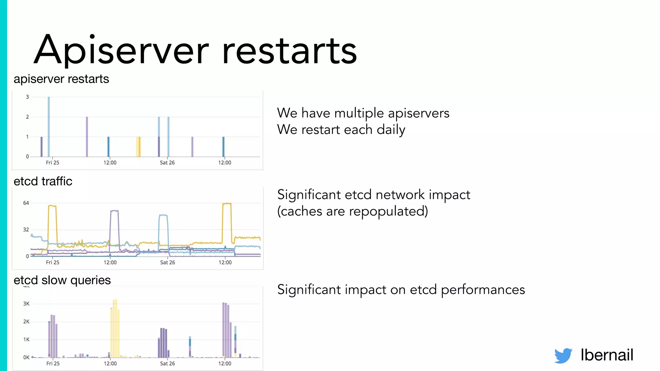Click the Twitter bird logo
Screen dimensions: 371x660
point(563,356)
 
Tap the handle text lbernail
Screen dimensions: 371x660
point(607,355)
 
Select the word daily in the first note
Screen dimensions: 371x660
point(391,130)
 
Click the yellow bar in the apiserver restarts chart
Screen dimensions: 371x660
point(138,147)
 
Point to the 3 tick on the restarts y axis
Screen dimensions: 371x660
point(27,97)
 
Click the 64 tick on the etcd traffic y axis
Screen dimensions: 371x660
point(26,203)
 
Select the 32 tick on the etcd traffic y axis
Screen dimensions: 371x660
point(26,230)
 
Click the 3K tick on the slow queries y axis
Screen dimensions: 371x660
point(26,304)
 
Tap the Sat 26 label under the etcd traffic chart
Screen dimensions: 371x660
point(168,262)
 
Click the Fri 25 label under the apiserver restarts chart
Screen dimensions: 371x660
point(53,163)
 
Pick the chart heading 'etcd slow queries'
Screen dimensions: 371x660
point(62,280)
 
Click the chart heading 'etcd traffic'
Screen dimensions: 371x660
point(43,181)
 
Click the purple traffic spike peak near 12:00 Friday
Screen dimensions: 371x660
point(114,211)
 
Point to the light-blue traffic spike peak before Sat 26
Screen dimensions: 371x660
point(163,215)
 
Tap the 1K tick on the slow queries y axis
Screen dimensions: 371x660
point(26,339)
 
